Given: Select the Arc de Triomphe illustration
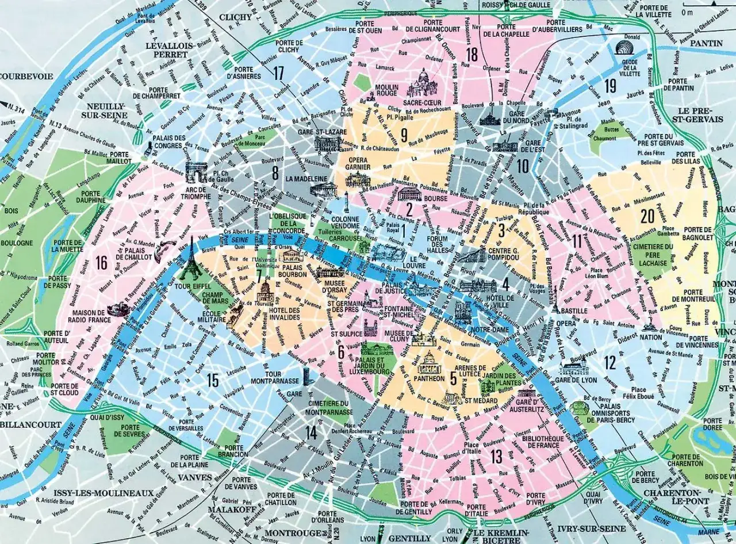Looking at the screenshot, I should pos(195,172).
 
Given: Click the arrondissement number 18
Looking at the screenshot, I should pos(472,55).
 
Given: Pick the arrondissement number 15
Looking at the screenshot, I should pos(213,380).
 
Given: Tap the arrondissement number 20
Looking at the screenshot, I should pos(647,216).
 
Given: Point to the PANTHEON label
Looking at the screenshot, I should pos(428,378).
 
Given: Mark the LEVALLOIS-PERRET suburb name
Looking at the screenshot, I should pos(167,49).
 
